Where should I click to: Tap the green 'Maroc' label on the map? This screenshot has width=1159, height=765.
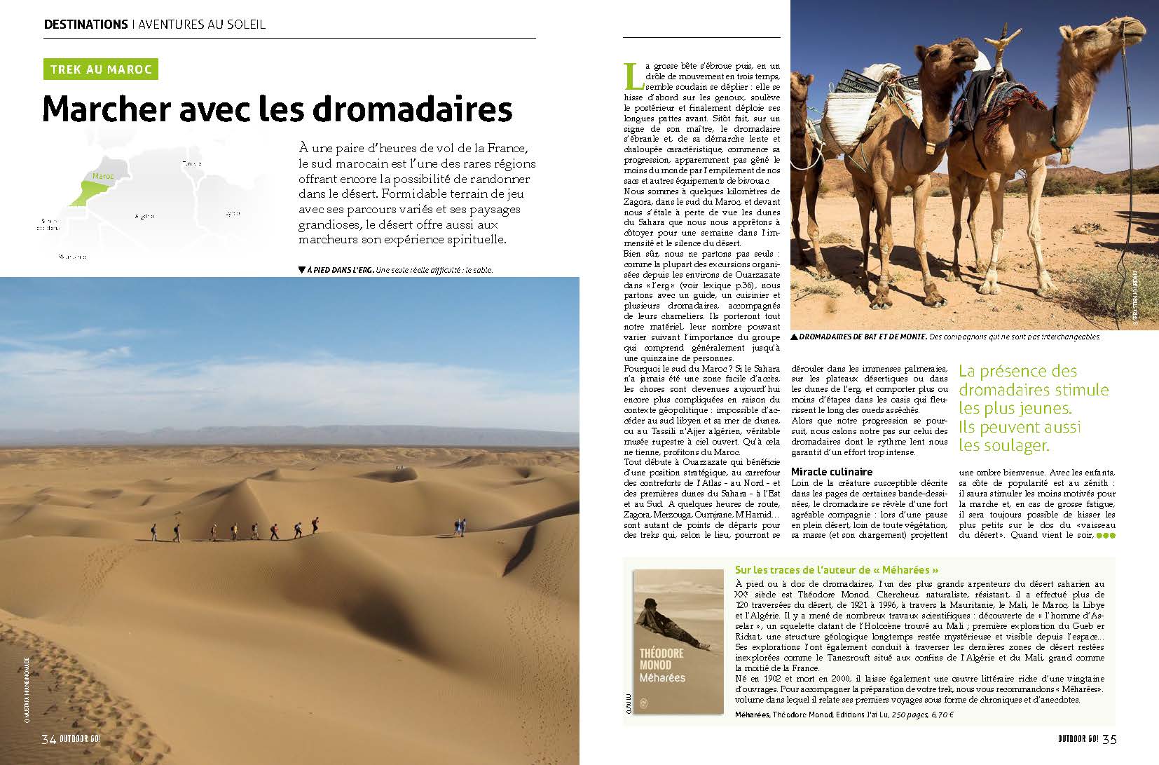pyautogui.click(x=103, y=177)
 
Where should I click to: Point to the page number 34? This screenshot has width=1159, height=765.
pyautogui.click(x=48, y=739)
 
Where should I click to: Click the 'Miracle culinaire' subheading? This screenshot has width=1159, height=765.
pyautogui.click(x=831, y=472)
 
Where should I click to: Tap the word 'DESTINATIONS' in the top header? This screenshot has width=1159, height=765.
pyautogui.click(x=85, y=25)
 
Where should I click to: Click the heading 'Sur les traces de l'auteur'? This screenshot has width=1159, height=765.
pyautogui.click(x=836, y=569)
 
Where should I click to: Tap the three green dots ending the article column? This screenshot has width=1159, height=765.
pyautogui.click(x=1105, y=536)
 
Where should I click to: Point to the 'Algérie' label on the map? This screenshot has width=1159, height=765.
pyautogui.click(x=144, y=217)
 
